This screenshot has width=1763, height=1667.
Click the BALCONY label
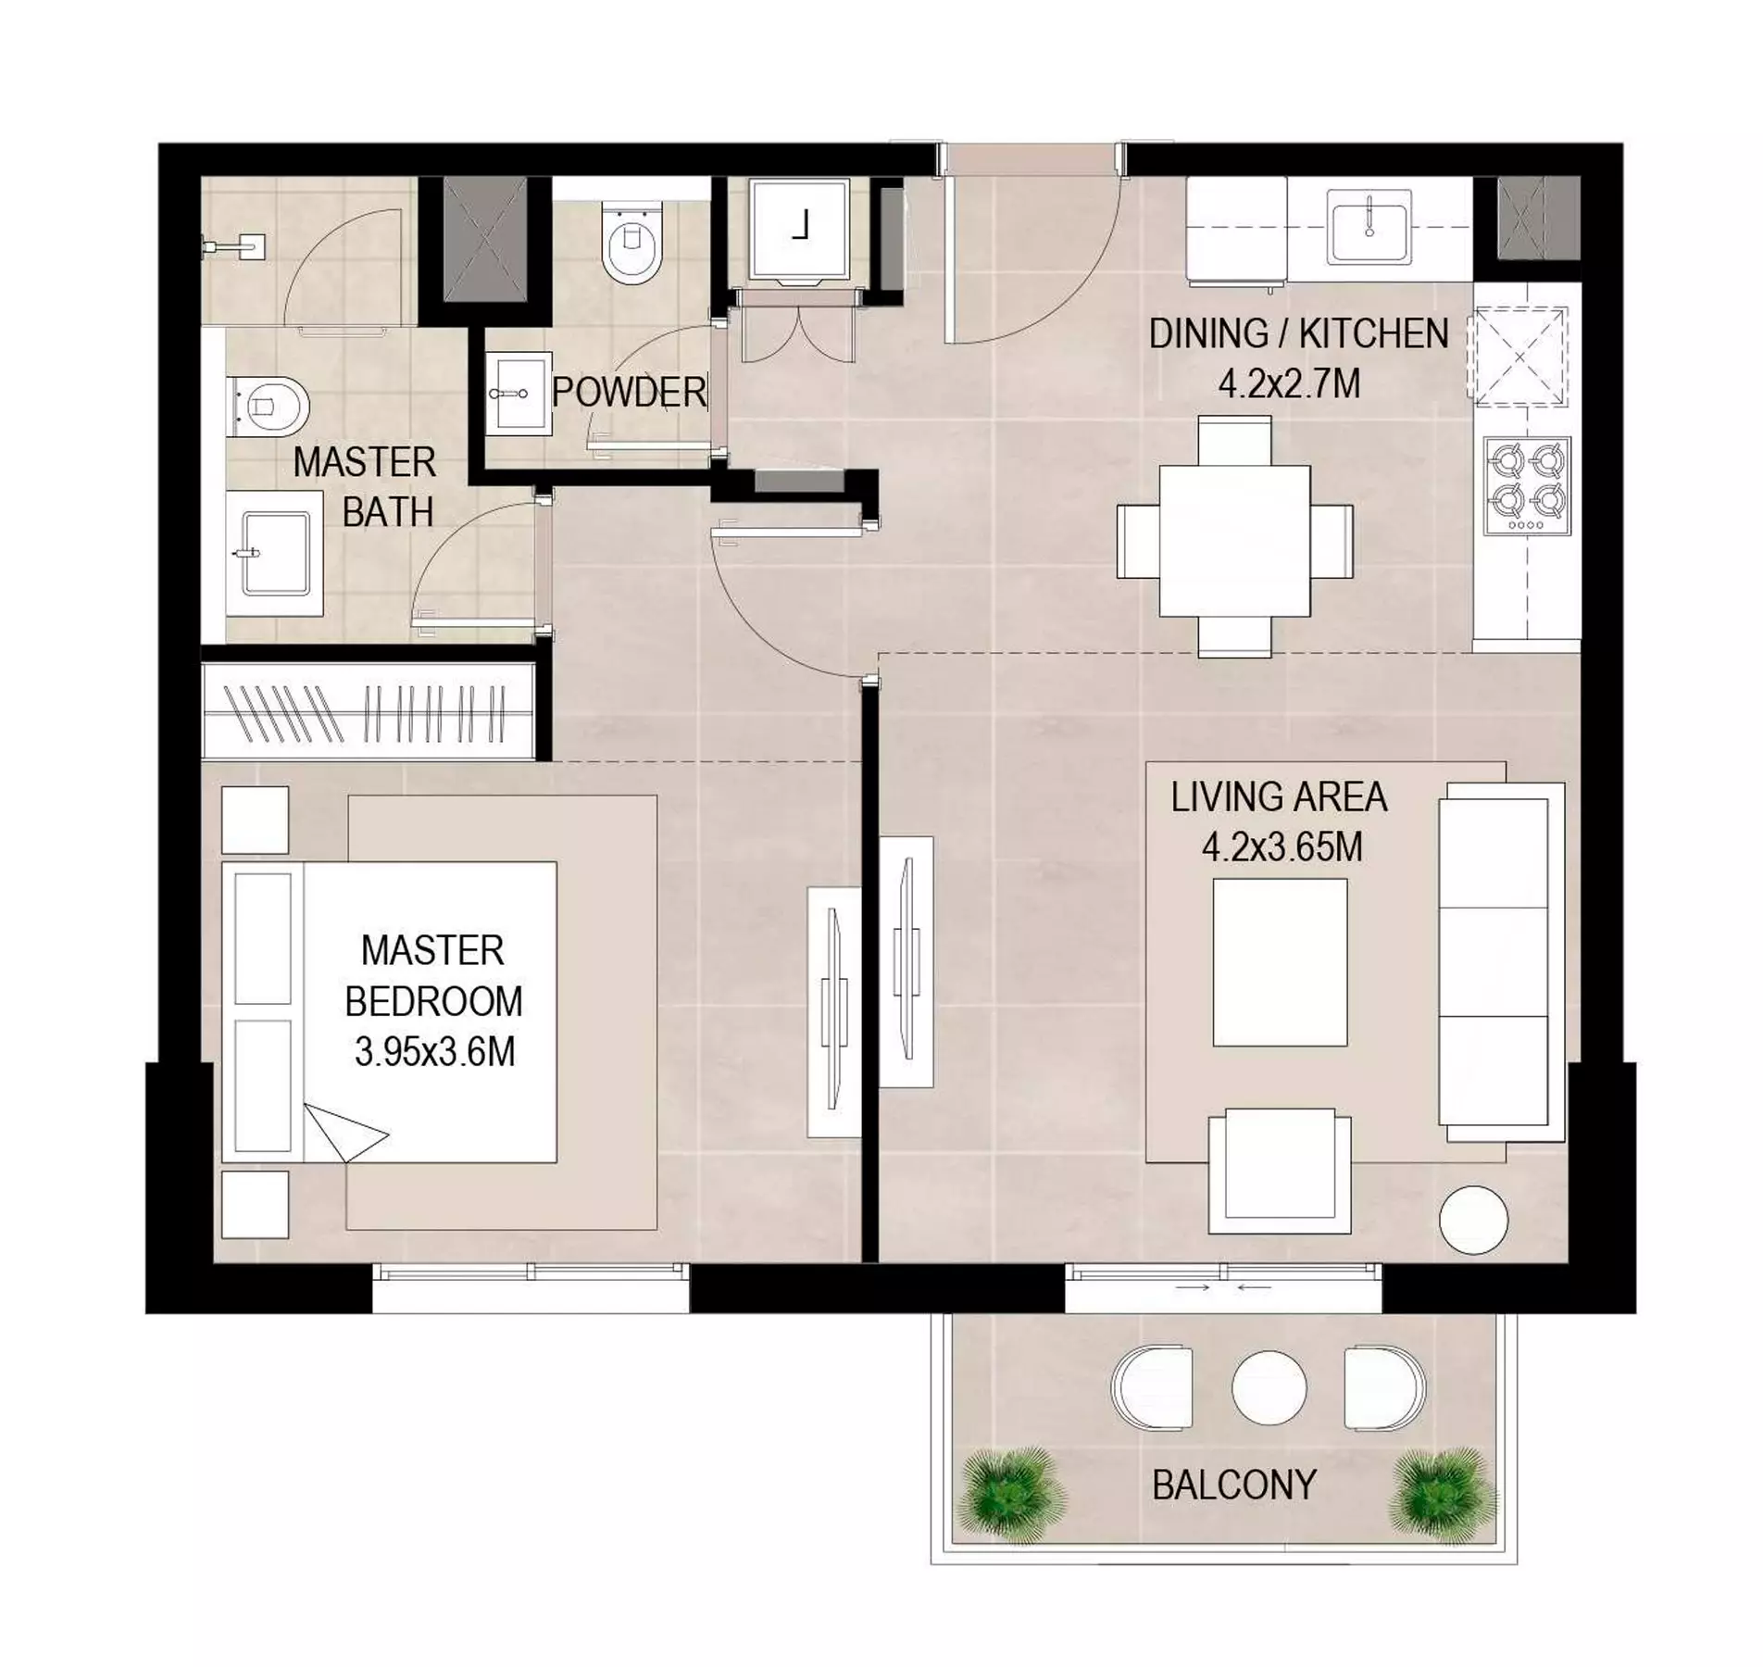(x=1233, y=1485)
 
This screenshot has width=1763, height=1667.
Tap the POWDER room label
(x=630, y=393)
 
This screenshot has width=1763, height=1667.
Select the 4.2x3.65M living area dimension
(x=1282, y=847)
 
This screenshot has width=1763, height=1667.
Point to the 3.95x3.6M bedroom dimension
(x=434, y=1052)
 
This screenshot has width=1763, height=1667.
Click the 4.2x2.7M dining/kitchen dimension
(x=1289, y=383)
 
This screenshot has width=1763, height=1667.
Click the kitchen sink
(x=1369, y=226)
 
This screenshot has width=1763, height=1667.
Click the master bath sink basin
(x=275, y=554)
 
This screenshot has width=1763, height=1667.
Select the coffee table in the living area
(x=1281, y=963)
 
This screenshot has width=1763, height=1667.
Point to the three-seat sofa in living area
(x=1500, y=962)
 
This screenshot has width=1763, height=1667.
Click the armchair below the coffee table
(x=1280, y=1172)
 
